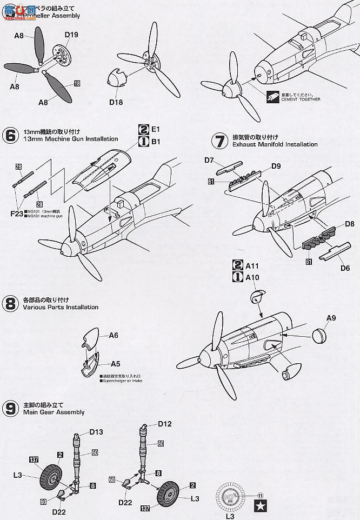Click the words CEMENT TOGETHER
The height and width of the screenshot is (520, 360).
pyautogui.click(x=300, y=99)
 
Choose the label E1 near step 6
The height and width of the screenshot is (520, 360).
pyautogui.click(x=156, y=130)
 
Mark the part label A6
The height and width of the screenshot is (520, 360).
pyautogui.click(x=114, y=335)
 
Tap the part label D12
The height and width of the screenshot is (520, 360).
pyautogui.click(x=165, y=424)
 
